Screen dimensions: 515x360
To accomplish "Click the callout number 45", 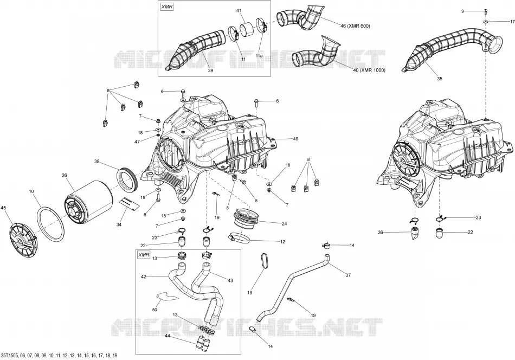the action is (x=4, y=207).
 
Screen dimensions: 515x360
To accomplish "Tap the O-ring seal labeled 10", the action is (x=50, y=224).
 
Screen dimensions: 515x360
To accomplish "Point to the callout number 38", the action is (x=96, y=161).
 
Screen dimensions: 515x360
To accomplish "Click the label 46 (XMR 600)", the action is (x=355, y=26).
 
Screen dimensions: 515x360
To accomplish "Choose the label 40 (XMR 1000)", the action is (x=369, y=70).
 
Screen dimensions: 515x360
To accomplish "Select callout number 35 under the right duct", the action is (x=440, y=79).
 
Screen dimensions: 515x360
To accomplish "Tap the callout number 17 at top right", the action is (x=512, y=22).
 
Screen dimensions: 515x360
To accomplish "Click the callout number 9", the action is (x=463, y=11).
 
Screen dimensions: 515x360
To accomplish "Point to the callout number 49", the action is (x=295, y=139).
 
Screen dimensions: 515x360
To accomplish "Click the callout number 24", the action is (x=284, y=224).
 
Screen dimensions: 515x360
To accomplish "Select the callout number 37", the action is (x=348, y=275).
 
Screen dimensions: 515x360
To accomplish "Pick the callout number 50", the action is (x=154, y=310).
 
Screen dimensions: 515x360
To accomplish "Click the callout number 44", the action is (x=167, y=336).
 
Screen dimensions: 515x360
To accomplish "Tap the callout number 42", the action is (x=144, y=277).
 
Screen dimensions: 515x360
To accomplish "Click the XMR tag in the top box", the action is (x=166, y=7).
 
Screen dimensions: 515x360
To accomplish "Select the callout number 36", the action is (x=381, y=233).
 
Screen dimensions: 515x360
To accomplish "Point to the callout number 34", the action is (x=119, y=224).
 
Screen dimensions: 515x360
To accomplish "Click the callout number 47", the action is (x=137, y=142).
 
